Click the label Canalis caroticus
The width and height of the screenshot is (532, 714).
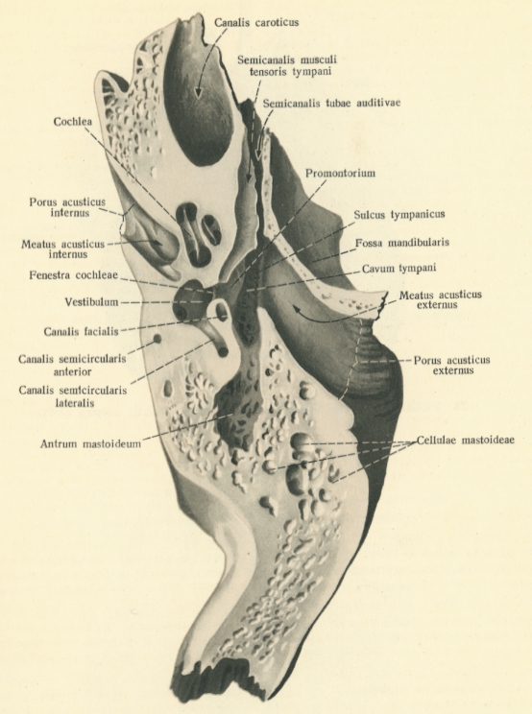tap(256, 22)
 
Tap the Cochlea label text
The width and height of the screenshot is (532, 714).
tap(72, 122)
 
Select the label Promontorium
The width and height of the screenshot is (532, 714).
tap(340, 173)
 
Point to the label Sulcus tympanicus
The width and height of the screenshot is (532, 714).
tap(399, 214)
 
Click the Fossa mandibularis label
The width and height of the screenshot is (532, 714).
tap(402, 243)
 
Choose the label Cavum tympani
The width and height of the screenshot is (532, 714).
tap(399, 268)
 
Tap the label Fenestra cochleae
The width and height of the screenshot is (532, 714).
tap(73, 275)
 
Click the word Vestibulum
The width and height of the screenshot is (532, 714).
tap(91, 302)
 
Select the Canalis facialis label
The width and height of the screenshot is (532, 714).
tap(81, 331)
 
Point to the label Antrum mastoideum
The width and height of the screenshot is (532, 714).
tap(90, 443)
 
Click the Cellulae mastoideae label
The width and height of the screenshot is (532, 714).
tap(465, 440)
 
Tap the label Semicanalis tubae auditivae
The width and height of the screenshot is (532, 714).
tap(331, 103)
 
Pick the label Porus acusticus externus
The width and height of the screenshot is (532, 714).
tap(452, 365)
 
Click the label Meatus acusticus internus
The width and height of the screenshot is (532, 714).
tap(62, 250)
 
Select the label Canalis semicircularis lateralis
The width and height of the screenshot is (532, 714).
tap(73, 396)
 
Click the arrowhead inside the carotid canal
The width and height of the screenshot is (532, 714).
tap(197, 93)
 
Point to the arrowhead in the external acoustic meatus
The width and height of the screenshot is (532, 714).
tap(295, 310)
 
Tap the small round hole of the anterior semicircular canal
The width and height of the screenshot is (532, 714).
tap(157, 339)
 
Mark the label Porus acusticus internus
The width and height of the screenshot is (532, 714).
tap(67, 207)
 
